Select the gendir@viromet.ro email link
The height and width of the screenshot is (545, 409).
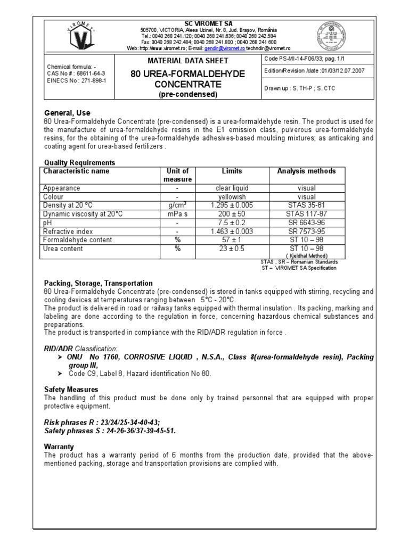(x=214, y=48)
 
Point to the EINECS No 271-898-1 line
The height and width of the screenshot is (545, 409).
(x=77, y=80)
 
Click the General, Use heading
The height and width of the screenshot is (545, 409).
(x=67, y=113)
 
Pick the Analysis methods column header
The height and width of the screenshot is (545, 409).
(x=306, y=171)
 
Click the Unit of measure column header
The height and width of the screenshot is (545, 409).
(x=177, y=175)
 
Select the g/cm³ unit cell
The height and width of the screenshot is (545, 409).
(x=177, y=205)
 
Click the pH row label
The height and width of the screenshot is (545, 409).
(x=47, y=222)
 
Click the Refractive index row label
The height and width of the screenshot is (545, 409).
(x=68, y=232)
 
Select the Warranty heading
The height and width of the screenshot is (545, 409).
(x=59, y=447)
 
